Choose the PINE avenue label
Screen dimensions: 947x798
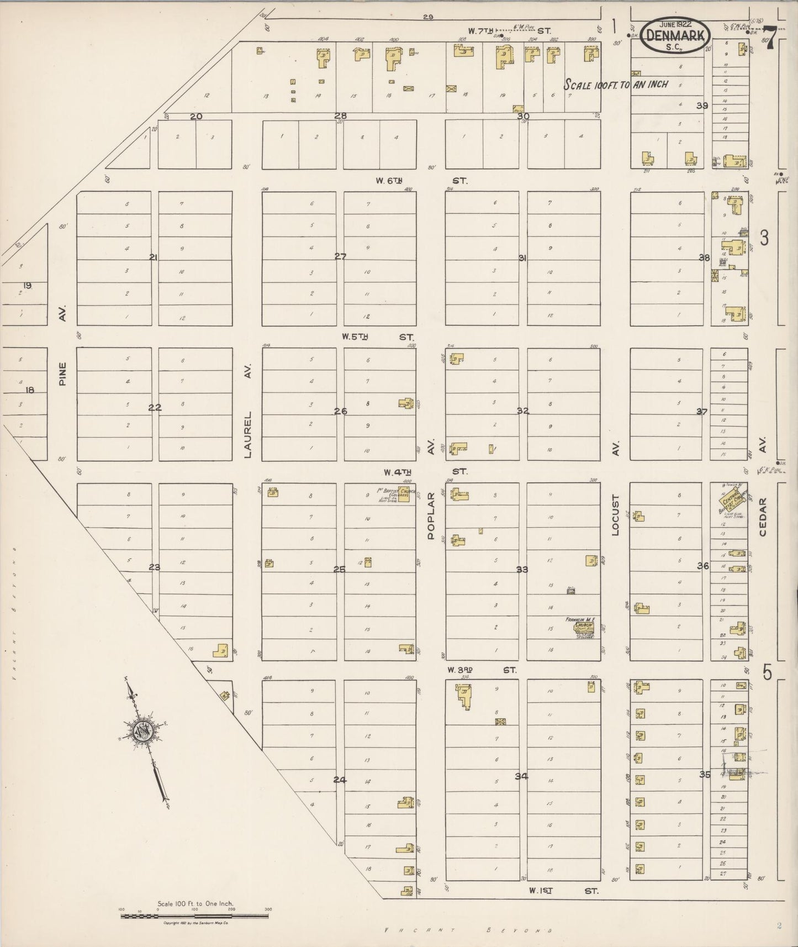tap(63, 373)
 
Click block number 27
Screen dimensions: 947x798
tap(340, 256)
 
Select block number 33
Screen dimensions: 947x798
tap(522, 570)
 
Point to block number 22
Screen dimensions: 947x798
tap(155, 408)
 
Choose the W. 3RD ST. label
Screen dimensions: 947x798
tap(482, 670)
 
